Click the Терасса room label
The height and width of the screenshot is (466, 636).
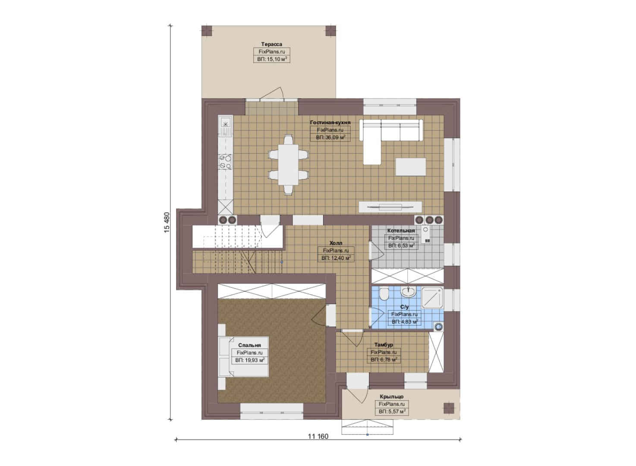point(272,44)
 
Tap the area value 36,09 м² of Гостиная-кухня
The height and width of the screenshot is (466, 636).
point(331,138)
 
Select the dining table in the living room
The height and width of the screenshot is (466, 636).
point(288,165)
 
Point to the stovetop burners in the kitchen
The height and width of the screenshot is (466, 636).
point(225,162)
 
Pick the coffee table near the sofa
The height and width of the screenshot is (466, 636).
point(411,167)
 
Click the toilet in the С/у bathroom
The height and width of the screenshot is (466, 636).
point(384,294)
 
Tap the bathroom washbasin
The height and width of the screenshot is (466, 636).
point(408,291)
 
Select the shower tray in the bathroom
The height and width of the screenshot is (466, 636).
point(432,297)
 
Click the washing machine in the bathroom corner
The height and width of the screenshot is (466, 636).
point(439,327)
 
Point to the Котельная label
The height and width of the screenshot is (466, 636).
point(401,230)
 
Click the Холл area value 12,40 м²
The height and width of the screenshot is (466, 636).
point(336,258)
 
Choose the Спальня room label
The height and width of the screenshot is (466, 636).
point(249,345)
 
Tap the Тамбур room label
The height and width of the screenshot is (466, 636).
point(384,345)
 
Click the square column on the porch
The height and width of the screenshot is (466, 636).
point(449,408)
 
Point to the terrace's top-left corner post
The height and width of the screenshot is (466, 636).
point(207,31)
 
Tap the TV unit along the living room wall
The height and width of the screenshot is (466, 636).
point(390,207)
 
